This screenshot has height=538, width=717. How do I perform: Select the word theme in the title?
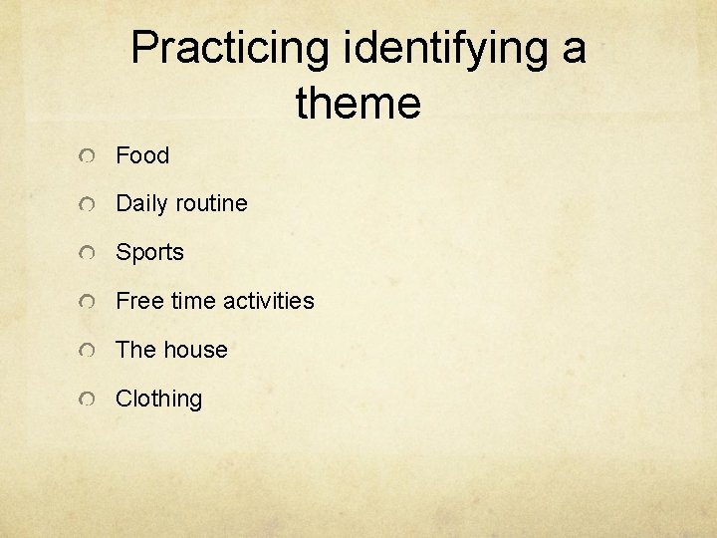pos(358,103)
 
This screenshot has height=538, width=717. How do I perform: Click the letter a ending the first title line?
pos(573,50)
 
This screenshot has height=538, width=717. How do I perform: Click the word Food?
pos(142,155)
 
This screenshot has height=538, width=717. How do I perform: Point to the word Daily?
pos(139,204)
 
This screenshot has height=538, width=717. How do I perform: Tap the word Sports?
pos(149,253)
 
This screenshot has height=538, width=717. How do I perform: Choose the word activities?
pos(269,301)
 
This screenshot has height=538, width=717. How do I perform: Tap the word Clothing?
pos(158,399)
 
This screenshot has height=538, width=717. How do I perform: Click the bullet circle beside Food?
pos(89,156)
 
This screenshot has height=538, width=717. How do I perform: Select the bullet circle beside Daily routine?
pos(89,205)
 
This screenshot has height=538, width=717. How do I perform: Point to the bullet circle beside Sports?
pos(89,254)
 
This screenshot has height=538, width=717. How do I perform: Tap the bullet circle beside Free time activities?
pos(89,302)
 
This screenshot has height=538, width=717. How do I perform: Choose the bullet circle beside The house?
pos(89,351)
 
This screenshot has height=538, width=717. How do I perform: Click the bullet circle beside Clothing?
pos(89,400)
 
